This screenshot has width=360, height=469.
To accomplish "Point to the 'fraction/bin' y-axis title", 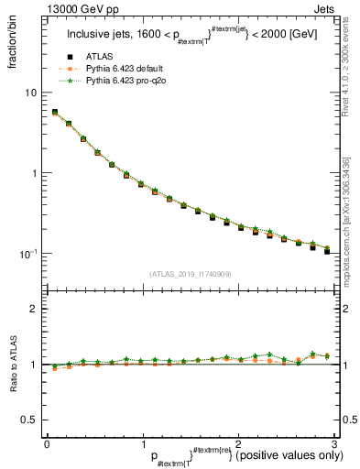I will [x=18, y=41].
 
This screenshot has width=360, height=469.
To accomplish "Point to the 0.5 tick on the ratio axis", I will [x=29, y=420].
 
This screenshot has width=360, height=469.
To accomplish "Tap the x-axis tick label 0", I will [x=47, y=442].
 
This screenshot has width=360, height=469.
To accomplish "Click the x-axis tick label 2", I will [x=237, y=442].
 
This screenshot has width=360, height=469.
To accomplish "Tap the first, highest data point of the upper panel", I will [x=55, y=113].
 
